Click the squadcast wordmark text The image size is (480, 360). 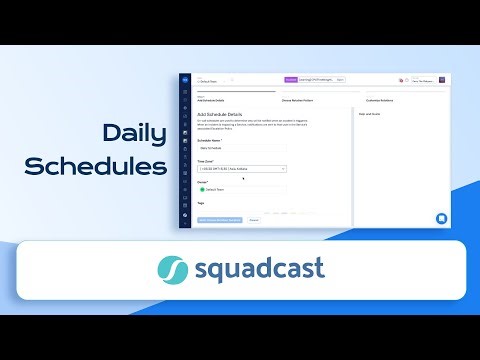pos(260,270)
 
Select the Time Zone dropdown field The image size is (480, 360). pos(242,169)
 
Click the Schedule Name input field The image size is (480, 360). pos(242,148)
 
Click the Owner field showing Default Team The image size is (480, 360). pos(242,188)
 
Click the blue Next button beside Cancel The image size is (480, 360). pos(220,219)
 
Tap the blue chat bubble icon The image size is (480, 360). pos(441,218)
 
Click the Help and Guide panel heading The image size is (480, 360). pos(371,114)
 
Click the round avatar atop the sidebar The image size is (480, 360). pos(184,80)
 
